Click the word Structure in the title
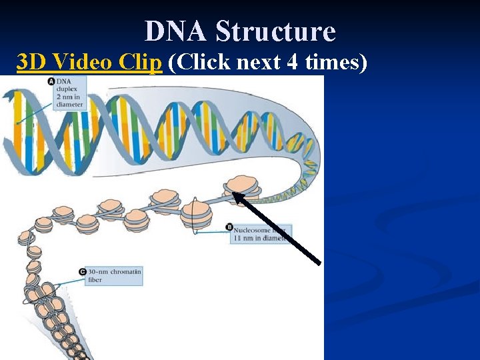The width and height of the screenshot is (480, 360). tap(275, 31)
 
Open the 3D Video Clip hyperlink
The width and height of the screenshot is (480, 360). tap(89, 62)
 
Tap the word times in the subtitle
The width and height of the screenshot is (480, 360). tap(338, 62)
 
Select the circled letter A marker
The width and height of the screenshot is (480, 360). tap(51, 81)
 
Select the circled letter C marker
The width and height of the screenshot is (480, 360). tap(83, 272)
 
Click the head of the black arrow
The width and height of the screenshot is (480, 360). tap(235, 195)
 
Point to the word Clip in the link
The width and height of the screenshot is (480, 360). tap(141, 62)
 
